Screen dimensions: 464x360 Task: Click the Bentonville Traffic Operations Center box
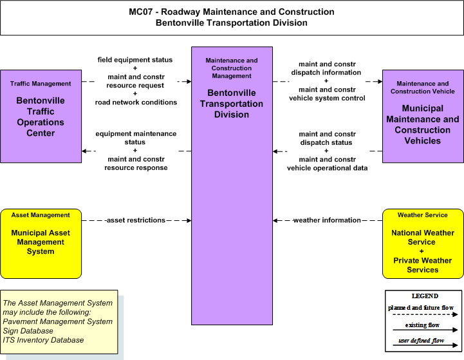coord(41,116)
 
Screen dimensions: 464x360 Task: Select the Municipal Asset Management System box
coord(41,243)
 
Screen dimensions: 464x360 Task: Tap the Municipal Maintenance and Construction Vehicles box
coord(423,116)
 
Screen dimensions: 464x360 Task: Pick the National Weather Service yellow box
coord(423,243)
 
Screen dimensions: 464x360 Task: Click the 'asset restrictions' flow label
coord(136,220)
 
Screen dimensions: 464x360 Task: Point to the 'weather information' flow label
coord(327,220)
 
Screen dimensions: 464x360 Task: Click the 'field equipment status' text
coord(135,60)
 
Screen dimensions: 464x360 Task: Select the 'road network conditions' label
coord(136,102)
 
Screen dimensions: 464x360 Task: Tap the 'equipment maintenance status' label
coord(136,138)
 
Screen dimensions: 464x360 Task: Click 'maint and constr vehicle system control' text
coord(327,94)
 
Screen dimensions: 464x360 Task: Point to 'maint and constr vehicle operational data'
coord(327,164)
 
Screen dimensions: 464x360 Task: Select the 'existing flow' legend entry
coord(422,325)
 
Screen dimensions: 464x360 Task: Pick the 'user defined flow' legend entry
coord(422,341)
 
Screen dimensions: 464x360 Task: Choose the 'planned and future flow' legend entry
coord(421,308)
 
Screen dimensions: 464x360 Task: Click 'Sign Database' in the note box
coord(28,330)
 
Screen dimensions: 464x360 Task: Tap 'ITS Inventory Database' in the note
coord(43,340)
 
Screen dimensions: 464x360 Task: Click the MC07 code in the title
coord(141,12)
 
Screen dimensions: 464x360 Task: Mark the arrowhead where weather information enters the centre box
coord(275,220)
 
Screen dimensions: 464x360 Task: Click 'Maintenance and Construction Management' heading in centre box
coord(232,68)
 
